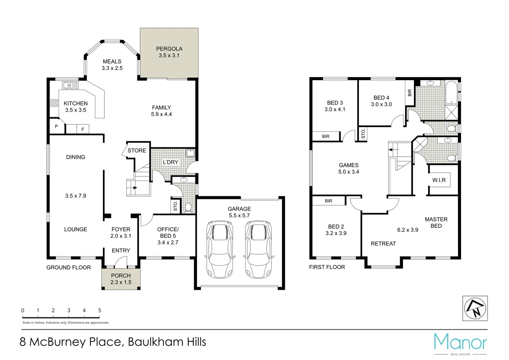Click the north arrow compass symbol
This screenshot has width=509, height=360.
(x=475, y=308)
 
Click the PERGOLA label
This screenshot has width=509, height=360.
(x=169, y=49)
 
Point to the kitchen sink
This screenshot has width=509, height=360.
(x=70, y=85)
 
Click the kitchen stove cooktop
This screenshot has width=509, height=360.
(x=54, y=103)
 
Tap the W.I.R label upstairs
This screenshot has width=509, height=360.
(x=439, y=180)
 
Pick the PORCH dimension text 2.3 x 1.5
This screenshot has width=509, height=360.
(x=121, y=282)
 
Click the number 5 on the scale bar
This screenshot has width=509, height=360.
(x=100, y=310)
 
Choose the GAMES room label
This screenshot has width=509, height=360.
(x=349, y=165)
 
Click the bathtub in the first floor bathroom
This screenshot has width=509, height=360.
(x=452, y=92)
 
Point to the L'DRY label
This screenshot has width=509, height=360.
(x=170, y=162)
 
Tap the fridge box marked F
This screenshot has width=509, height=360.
(x=83, y=129)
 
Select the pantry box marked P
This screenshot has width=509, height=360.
(x=56, y=126)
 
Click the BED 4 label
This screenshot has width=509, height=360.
(x=381, y=98)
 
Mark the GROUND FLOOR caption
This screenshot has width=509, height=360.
(x=68, y=267)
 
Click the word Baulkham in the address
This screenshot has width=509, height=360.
(x=155, y=342)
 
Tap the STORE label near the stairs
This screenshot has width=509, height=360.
(x=137, y=151)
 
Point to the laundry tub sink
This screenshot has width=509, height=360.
(x=190, y=153)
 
